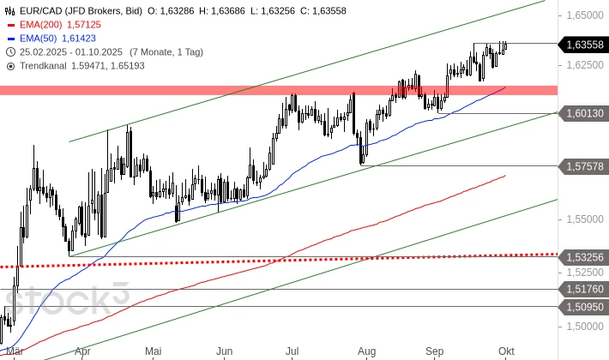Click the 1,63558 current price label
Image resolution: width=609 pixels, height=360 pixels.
[x=583, y=44]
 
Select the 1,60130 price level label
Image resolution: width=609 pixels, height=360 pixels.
[x=583, y=113]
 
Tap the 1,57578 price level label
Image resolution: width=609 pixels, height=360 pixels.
[x=583, y=165]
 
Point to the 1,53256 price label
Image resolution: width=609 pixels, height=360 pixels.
[x=583, y=256]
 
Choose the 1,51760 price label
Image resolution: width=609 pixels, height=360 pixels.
[x=583, y=289]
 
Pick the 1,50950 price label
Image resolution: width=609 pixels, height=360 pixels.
[x=583, y=306]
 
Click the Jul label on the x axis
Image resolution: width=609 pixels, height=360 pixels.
[x=292, y=351]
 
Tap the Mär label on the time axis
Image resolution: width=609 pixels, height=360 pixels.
[x=13, y=351]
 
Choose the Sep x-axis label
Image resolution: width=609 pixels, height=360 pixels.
[x=435, y=351]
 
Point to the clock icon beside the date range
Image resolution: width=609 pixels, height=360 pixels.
[x=10, y=51]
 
